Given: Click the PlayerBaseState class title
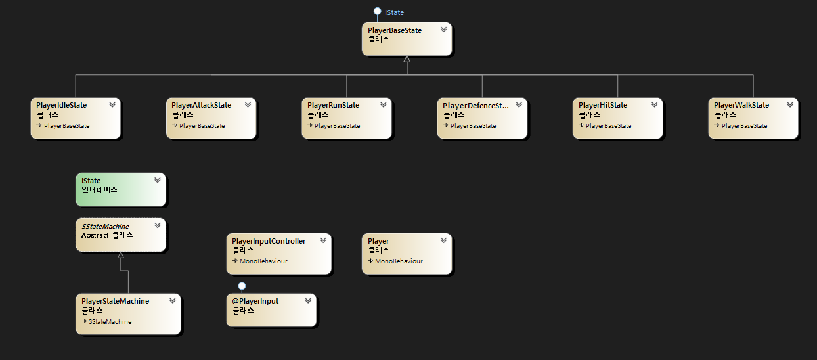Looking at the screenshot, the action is coord(395,30).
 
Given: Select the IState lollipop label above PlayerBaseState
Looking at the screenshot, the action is coord(394,12).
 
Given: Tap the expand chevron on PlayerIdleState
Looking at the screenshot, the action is coord(112,104).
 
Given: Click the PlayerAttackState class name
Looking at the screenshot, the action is coord(201,105).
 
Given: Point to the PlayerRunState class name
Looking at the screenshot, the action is coord(334,105).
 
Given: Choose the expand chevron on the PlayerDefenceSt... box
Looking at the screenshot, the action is coord(519,104).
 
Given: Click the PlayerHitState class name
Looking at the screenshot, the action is coord(603,105).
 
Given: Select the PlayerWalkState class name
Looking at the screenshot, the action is coord(741,105).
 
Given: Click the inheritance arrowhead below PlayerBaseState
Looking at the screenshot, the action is coord(407,60).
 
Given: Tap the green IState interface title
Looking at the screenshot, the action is coord(91,181).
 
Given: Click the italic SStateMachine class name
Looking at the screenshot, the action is coord(105,226).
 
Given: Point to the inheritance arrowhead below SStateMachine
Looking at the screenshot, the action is coord(120,255).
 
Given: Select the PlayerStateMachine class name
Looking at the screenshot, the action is coord(115,301).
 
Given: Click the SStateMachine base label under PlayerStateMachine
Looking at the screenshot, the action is coord(110,322).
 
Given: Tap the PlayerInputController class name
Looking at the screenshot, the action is coord(269,241).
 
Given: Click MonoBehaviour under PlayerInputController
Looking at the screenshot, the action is coord(263,261).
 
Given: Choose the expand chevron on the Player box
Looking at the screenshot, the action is coord(444,240).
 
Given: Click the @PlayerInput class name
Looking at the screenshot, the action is coord(255,301).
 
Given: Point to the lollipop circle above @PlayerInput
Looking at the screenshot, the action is coord(242,286).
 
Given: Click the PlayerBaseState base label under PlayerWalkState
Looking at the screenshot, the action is coord(744,126).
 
